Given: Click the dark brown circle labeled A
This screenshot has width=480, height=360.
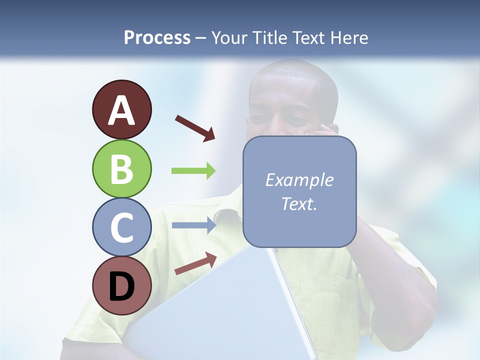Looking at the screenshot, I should (x=121, y=109).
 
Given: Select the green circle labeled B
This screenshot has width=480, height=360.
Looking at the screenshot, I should (x=121, y=168).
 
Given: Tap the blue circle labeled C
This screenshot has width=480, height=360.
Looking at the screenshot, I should (x=121, y=227).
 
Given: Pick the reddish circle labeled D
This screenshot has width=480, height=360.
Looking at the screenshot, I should (x=121, y=285).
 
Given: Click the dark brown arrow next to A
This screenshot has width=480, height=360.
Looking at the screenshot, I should (x=195, y=128).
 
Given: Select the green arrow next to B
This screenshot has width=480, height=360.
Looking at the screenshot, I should (x=193, y=171).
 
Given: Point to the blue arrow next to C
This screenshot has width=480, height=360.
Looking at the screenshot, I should (x=193, y=225).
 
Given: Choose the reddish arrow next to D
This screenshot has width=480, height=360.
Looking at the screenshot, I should (x=195, y=263).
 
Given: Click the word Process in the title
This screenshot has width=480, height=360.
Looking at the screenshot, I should (x=157, y=38).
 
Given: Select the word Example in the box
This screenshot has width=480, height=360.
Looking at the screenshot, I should (x=299, y=180).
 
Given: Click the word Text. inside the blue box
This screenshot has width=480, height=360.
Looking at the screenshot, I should (x=299, y=203).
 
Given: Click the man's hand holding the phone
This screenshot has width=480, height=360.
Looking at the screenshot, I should (x=327, y=131).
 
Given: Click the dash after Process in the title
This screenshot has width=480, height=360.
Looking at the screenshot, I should (x=200, y=38).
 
